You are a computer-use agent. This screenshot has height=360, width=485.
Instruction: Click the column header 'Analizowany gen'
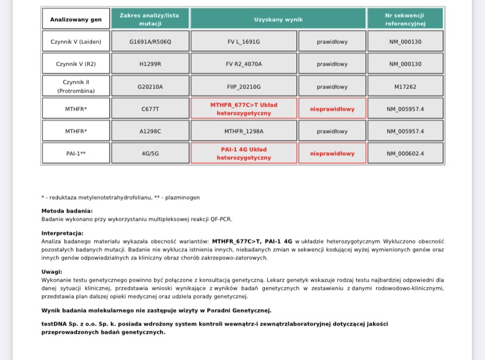click(x=76, y=19)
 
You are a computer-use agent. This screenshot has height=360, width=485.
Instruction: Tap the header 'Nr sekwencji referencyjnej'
click(x=405, y=19)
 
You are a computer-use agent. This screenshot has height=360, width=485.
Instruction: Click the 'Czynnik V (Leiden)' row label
click(x=76, y=42)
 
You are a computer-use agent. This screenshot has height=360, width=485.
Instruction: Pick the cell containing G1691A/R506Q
click(x=150, y=42)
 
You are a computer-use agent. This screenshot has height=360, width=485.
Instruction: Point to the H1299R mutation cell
click(x=150, y=64)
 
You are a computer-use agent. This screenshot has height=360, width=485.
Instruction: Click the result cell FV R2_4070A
click(x=244, y=64)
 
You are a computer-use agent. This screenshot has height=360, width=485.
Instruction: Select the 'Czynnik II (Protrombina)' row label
click(x=76, y=87)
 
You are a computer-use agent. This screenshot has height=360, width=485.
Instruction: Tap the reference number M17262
click(x=405, y=87)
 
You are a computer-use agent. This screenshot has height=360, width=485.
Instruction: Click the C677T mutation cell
click(x=150, y=109)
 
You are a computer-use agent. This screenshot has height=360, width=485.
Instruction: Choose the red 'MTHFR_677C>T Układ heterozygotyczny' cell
click(x=244, y=109)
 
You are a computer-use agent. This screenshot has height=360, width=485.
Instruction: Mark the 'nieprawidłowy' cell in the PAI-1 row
click(x=332, y=153)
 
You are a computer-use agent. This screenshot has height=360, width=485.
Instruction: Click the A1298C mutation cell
click(x=150, y=131)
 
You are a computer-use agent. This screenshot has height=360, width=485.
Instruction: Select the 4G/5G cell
click(x=150, y=153)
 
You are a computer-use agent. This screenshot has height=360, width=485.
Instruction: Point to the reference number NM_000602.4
click(x=405, y=153)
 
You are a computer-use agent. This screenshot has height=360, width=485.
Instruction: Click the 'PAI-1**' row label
click(x=76, y=153)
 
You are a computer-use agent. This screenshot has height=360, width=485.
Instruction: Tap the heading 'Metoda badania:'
click(x=67, y=211)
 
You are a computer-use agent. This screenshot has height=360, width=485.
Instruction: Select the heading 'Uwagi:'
click(x=52, y=272)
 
